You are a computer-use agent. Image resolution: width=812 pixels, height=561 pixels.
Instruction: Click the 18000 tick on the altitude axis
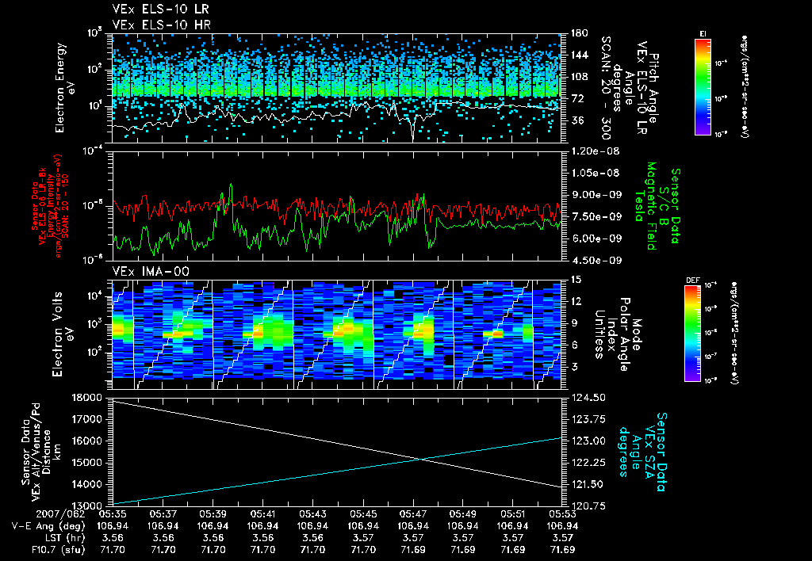(90, 397)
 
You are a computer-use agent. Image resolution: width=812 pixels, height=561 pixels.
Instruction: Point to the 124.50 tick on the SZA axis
(586, 397)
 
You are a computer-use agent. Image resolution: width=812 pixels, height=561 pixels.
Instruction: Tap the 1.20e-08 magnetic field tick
(592, 151)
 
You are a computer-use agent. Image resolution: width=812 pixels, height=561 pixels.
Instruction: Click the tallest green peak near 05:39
(231, 185)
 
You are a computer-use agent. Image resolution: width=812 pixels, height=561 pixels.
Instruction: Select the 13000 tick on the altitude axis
(90, 505)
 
